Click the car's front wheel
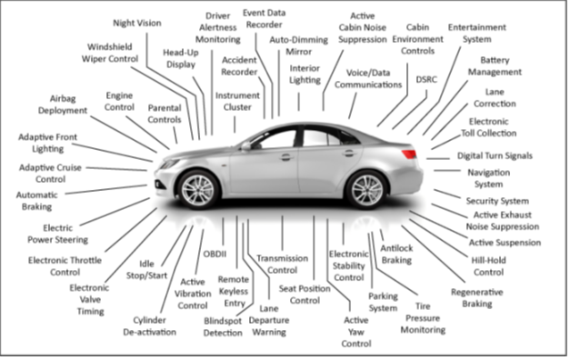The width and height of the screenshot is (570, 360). (199, 188)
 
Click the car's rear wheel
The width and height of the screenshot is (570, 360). (367, 189)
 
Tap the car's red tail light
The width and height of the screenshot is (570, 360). (410, 152)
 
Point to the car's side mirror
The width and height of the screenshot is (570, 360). (245, 145)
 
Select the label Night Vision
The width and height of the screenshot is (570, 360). (137, 23)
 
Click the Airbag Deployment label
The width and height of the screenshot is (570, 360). (63, 104)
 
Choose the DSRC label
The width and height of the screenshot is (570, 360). (426, 80)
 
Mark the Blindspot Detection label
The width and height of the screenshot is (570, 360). (224, 327)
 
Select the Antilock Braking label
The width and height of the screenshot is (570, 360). (396, 254)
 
